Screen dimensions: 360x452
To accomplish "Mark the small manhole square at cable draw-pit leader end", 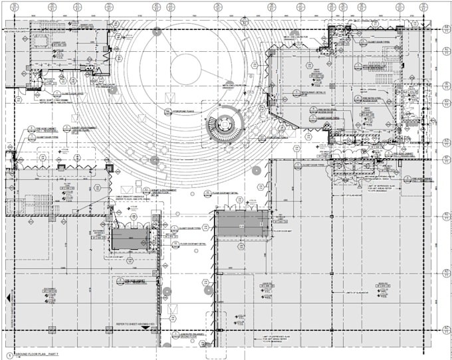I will [110, 213].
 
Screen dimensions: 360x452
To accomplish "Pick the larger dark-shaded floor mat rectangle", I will [242, 226].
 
